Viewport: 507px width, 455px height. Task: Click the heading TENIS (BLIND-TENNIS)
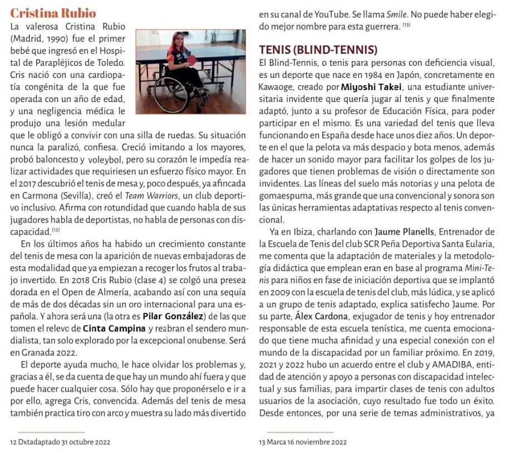coord(318,50)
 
